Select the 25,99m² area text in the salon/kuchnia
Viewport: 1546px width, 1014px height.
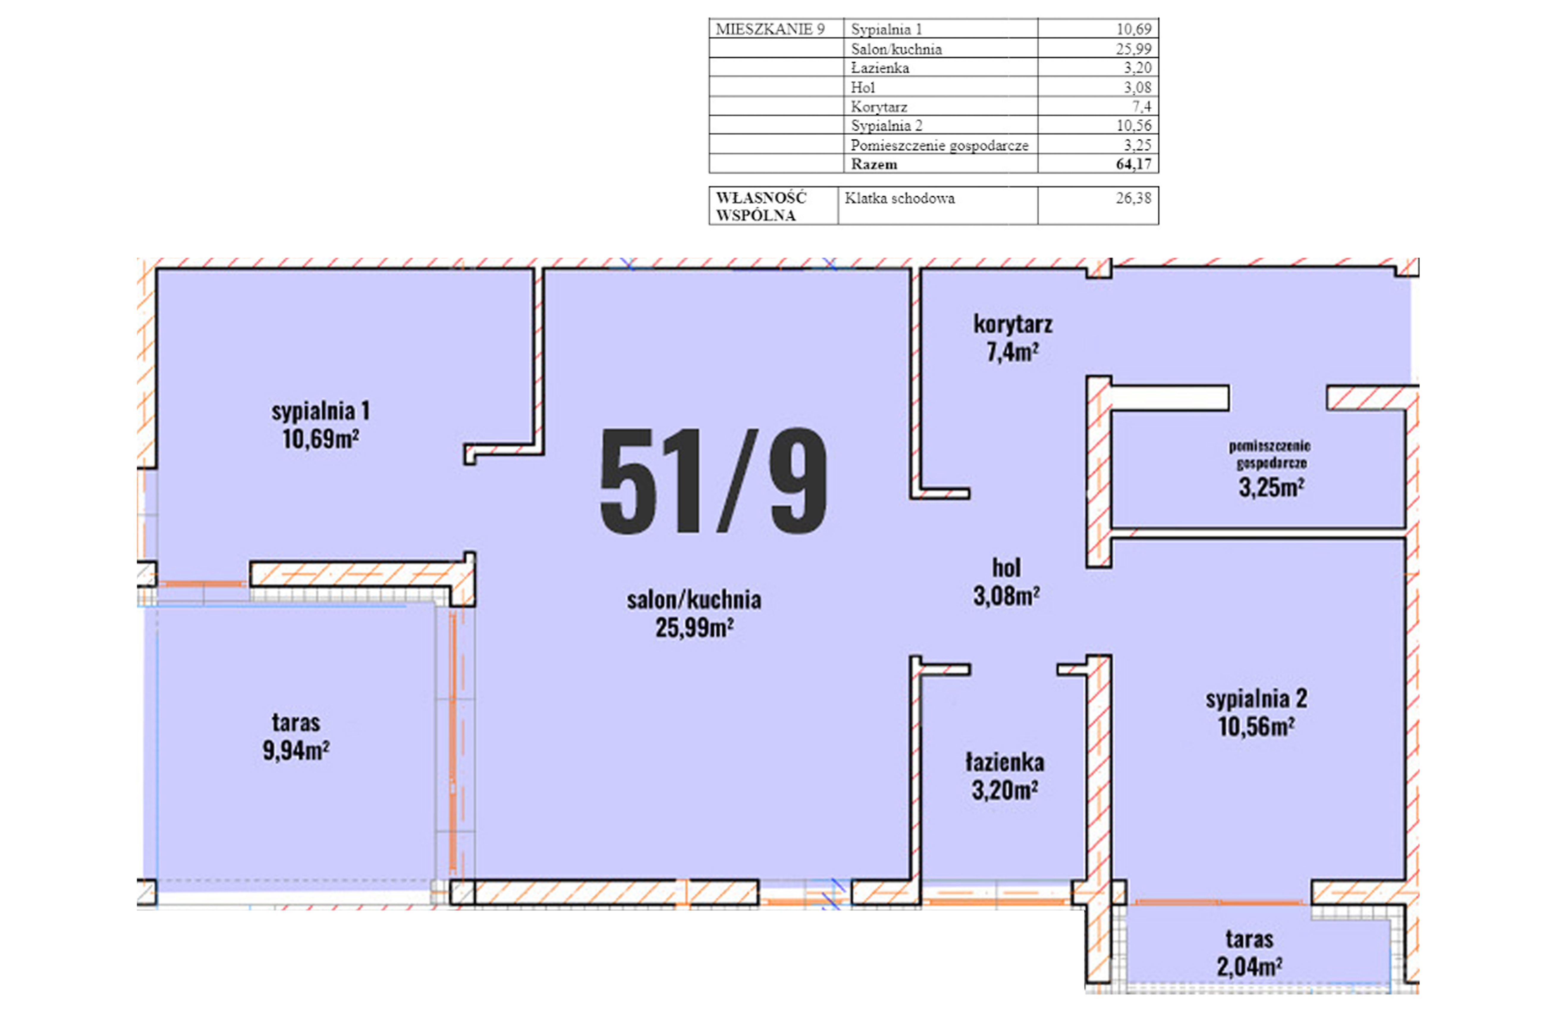[695, 628]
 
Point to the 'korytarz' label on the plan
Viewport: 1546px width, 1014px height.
[1013, 323]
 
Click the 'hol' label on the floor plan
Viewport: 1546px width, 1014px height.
[1006, 568]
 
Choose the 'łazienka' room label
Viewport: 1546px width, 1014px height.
[1005, 762]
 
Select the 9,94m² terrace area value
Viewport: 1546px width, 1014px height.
[296, 750]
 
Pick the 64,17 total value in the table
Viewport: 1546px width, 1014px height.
[1134, 164]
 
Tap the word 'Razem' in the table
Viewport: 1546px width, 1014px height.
[874, 164]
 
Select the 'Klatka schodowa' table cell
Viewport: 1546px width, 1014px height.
[900, 198]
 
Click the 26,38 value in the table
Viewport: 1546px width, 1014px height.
[1134, 198]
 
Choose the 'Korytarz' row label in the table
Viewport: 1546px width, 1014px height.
[879, 106]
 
